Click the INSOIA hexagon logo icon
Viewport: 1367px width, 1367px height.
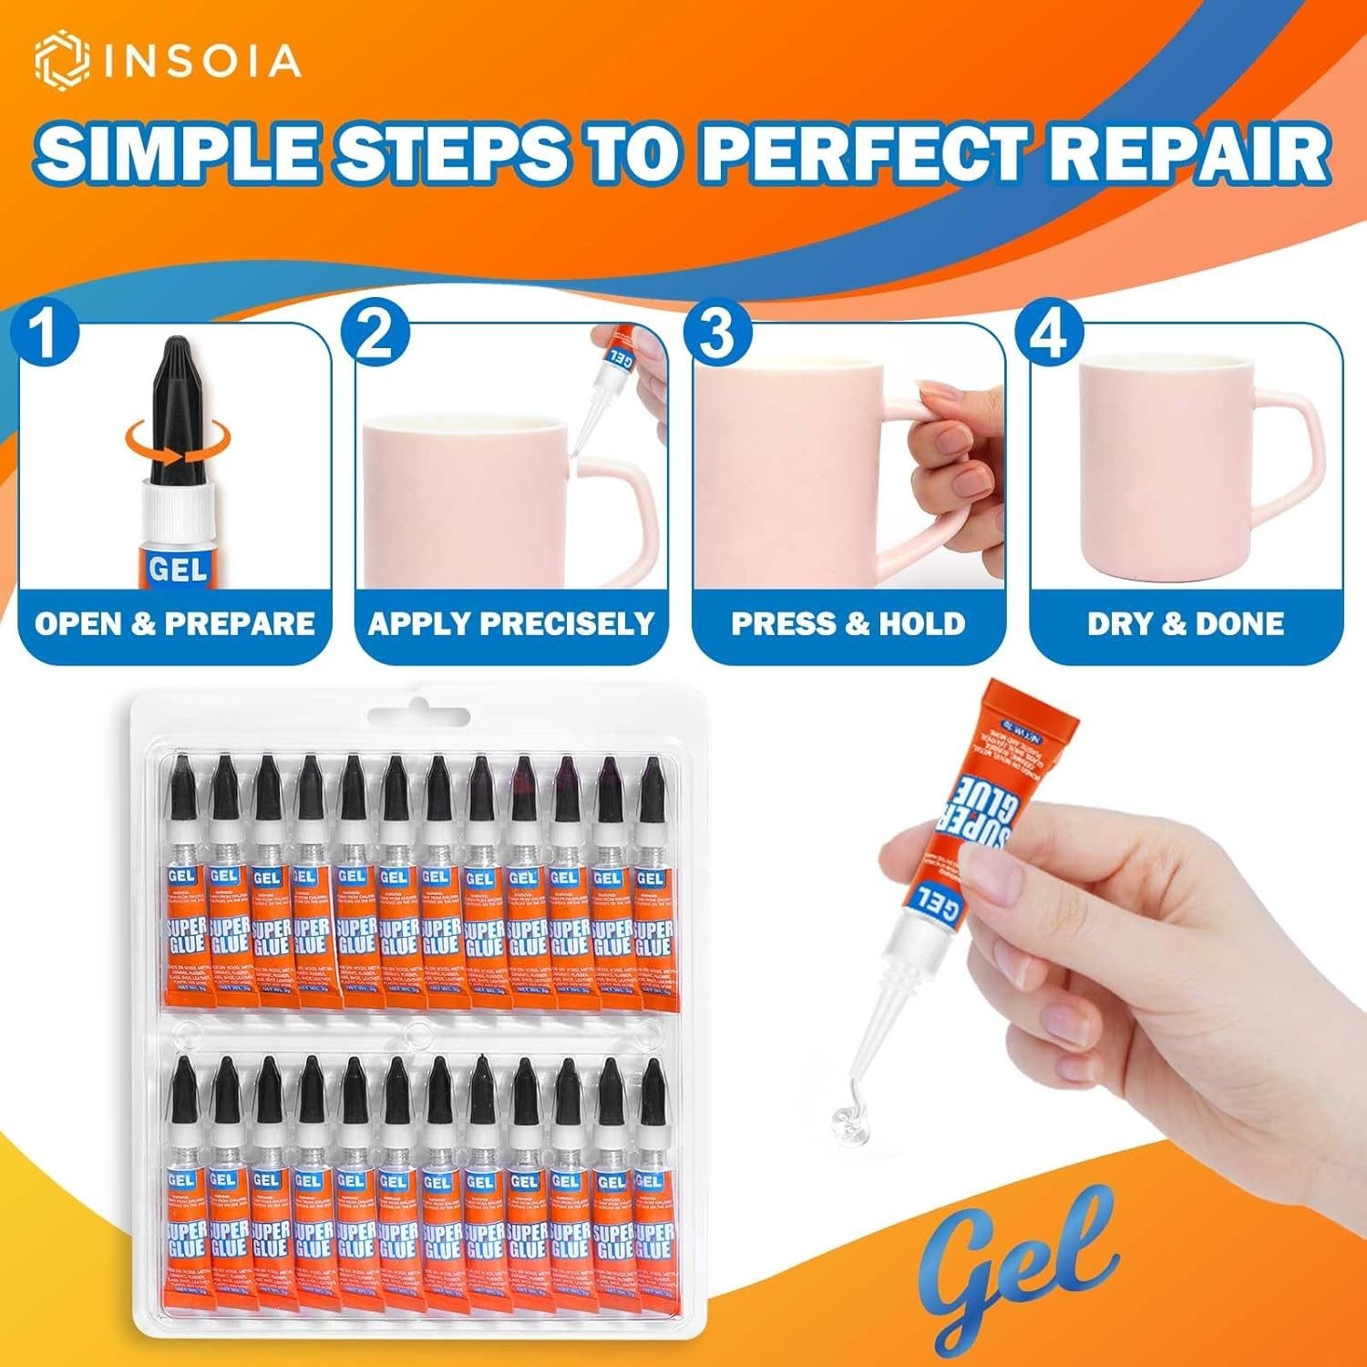tap(61, 60)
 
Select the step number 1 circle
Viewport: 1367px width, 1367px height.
tap(44, 334)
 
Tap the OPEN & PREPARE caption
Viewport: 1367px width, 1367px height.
tap(175, 624)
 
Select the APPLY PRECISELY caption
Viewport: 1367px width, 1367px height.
tap(511, 624)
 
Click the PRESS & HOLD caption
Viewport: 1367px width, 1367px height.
tap(848, 624)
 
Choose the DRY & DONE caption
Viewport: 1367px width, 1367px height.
tap(1185, 624)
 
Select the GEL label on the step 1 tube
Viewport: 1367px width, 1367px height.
tap(178, 569)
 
